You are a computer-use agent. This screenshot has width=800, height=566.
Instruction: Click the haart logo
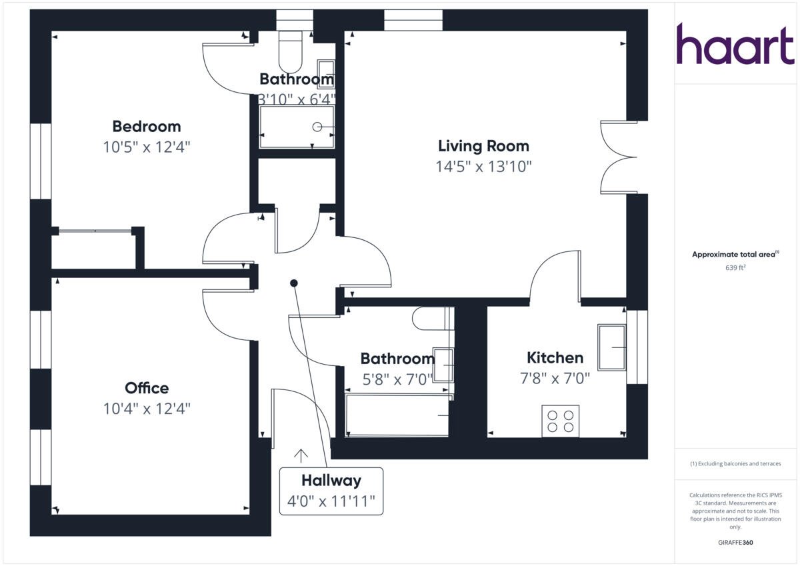coord(735,44)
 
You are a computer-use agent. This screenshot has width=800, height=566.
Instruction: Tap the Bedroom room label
coord(146,126)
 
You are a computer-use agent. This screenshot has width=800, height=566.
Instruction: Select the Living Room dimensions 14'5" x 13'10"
coord(483,167)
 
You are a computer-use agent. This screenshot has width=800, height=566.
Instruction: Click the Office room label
coord(147,388)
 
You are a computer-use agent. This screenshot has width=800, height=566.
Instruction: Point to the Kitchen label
coord(555,357)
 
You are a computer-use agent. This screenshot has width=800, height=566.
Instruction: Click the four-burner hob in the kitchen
coord(560,421)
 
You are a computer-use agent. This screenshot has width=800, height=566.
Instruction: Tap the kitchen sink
coord(611,347)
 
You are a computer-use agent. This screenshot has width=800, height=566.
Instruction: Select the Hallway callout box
coord(331,491)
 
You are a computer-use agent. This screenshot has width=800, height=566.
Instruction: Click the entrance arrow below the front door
coord(301,455)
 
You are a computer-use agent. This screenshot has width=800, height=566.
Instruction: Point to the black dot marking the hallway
coord(293,283)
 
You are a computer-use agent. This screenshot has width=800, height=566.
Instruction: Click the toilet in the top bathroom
coord(291,52)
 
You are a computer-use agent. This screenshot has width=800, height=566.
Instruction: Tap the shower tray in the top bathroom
coord(296,127)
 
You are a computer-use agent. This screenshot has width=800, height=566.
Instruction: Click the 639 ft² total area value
coord(735,268)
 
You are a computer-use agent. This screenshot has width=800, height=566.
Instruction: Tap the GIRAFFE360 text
coord(735,543)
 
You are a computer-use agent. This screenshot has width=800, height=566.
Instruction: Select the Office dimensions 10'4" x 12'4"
coord(147,409)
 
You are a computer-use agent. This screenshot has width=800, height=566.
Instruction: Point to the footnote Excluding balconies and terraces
coord(735,463)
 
